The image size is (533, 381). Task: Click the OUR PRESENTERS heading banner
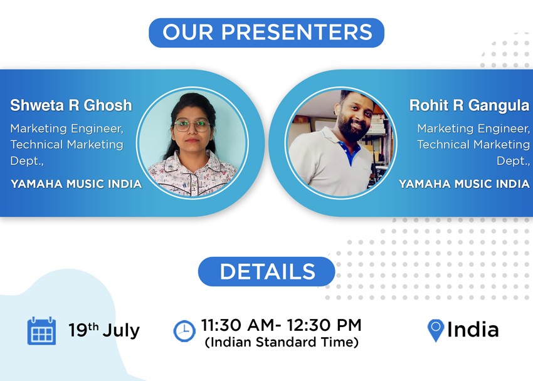266,33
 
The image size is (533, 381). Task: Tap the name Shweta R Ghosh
71,105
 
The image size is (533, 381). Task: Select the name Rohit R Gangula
470,106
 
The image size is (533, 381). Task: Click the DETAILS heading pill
266,272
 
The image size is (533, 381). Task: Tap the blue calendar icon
41,331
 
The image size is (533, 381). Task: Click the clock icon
184,331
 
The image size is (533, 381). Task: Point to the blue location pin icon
436,330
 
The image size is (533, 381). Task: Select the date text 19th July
104,330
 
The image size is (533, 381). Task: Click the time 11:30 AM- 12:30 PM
281,325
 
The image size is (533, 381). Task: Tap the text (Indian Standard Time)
282,342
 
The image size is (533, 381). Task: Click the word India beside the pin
473,330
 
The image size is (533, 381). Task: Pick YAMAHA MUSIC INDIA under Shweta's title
76,184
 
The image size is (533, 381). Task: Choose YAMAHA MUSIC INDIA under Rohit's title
464,184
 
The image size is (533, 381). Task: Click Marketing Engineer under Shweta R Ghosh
67,128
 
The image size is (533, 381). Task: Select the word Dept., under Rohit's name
513,161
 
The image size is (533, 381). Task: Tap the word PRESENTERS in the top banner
297,32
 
